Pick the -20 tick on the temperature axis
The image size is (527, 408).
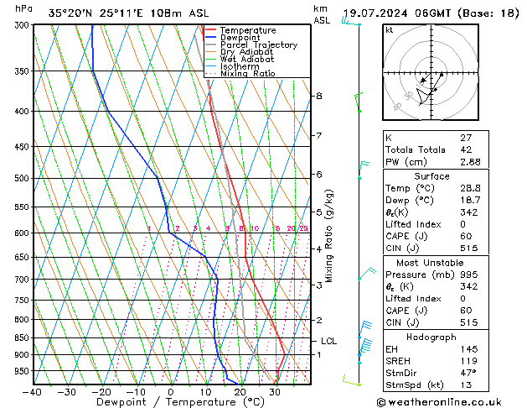(101, 392)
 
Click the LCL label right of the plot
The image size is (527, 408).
(328, 341)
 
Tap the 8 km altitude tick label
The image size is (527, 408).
(319, 96)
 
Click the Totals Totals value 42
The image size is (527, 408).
(466, 149)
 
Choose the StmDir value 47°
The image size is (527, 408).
(468, 372)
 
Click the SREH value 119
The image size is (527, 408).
(468, 360)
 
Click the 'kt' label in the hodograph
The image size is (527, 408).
(389, 30)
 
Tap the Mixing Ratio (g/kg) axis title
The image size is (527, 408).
(329, 236)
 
